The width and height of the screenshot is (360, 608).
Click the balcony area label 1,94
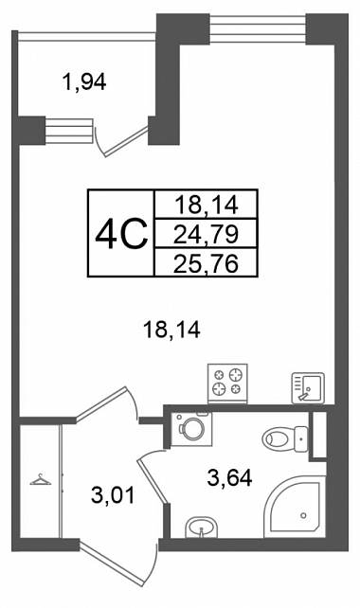click(x=83, y=81)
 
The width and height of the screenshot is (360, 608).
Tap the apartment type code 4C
click(x=121, y=233)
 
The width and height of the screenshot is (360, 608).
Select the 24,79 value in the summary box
click(x=206, y=234)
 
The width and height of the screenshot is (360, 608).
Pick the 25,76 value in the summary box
click(x=206, y=263)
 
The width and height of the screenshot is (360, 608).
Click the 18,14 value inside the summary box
click(x=206, y=205)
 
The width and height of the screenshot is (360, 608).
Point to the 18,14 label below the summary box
click(x=171, y=331)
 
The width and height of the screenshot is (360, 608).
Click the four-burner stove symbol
click(x=227, y=384)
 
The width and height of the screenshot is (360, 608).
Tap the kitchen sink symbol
click(x=308, y=387)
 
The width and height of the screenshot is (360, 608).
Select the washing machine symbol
click(x=191, y=429)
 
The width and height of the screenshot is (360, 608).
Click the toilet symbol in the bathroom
click(x=285, y=438)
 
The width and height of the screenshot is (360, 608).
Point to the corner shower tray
click(x=295, y=507)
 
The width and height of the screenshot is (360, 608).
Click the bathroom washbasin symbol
click(x=202, y=528)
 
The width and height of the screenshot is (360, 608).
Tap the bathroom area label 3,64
click(x=229, y=477)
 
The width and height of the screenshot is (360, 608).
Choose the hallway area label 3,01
click(x=113, y=495)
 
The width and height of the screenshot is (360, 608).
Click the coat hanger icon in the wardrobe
click(x=41, y=480)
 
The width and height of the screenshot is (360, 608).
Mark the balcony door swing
click(x=121, y=139)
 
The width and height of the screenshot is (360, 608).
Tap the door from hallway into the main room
click(x=107, y=402)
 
